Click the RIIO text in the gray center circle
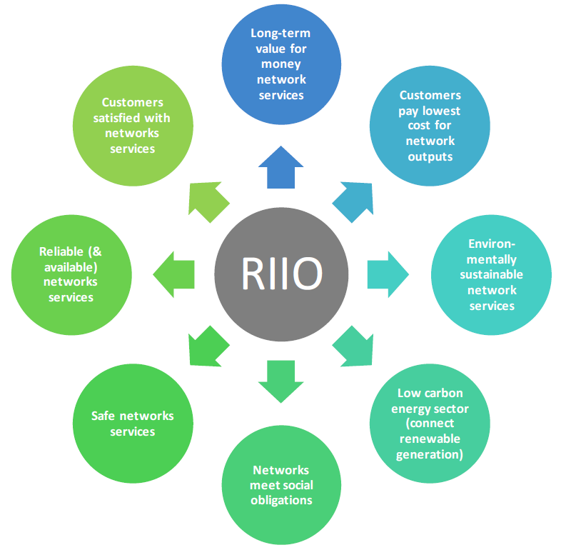[282, 274]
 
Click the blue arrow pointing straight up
[281, 167]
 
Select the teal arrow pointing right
[388, 274]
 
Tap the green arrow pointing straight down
[281, 381]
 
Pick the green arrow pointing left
[173, 274]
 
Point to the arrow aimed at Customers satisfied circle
[208, 201]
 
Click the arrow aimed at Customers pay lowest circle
[353, 202]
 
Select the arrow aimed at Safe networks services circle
[208, 346]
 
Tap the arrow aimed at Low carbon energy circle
[353, 346]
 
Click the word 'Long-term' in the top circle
[281, 34]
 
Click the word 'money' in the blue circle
[281, 64]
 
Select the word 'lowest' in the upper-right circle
[441, 111]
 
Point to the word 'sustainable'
[491, 274]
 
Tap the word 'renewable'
[430, 439]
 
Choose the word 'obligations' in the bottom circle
[281, 500]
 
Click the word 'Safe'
[103, 416]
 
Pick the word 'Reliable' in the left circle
[61, 251]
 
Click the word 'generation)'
[430, 454]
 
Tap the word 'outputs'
[430, 156]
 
